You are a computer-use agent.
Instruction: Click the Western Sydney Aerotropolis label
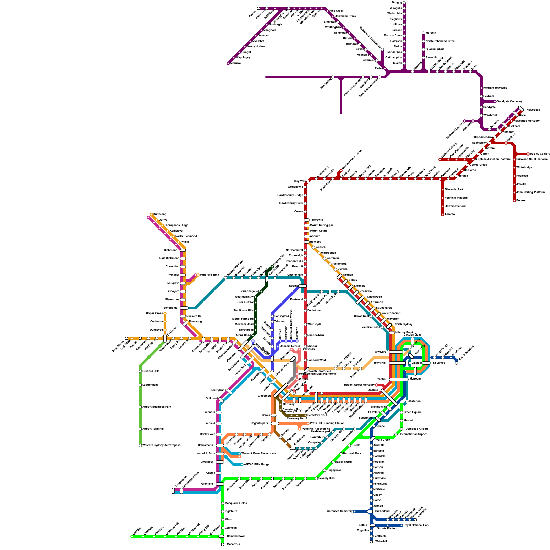161,445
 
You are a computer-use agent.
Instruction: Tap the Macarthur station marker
223,544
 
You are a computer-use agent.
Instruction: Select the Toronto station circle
443,214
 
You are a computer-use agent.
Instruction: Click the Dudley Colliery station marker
528,154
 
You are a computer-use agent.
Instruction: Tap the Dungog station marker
404,3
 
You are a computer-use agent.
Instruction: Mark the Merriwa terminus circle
228,63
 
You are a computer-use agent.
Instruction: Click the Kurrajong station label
159,214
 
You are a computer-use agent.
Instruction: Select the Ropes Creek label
154,313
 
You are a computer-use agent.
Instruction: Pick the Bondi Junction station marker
456,363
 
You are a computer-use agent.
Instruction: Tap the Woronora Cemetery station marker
355,511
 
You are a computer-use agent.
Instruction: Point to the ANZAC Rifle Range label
256,465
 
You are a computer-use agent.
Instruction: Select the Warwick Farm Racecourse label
258,454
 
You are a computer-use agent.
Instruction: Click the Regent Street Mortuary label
359,385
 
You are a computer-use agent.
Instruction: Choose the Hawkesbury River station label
291,203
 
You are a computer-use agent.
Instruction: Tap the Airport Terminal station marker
140,429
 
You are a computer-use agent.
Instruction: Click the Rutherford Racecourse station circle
382,49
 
